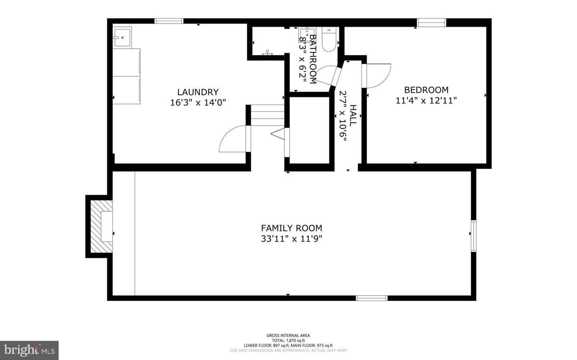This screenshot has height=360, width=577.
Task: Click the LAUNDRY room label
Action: click(198, 92)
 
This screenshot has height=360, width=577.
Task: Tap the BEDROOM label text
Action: click(426, 90)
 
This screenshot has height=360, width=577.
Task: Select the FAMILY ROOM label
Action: click(292, 228)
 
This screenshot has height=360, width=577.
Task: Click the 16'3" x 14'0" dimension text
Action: click(198, 103)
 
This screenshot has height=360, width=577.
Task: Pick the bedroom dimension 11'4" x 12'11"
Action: click(426, 101)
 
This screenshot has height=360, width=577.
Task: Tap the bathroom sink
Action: click(305, 34)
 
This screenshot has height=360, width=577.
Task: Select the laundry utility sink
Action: click(122, 37)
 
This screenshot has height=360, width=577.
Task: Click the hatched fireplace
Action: click(101, 226)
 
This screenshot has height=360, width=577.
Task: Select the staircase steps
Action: click(268, 115)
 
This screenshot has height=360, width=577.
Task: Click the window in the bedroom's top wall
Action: click(432, 22)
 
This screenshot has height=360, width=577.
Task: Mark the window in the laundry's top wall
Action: click(169, 21)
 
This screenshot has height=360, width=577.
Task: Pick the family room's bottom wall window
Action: click(372, 298)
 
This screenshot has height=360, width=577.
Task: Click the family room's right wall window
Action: click(474, 235)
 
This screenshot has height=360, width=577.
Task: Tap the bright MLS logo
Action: click(29, 350)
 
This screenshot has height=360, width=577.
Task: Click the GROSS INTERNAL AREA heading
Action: click(288, 336)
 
